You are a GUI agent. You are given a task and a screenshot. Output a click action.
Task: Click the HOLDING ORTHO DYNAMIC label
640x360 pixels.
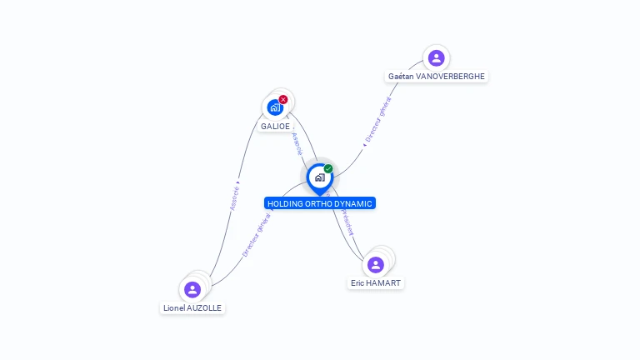(320, 203)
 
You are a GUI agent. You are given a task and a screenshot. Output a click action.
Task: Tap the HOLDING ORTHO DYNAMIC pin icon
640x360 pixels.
(319, 177)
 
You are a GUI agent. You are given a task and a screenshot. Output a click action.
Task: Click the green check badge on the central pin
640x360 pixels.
(328, 168)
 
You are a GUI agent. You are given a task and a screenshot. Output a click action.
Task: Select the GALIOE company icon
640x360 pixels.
(274, 107)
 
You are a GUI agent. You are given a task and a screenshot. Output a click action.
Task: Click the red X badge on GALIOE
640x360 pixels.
(283, 99)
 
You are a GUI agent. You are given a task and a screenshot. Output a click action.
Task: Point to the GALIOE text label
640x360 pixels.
(275, 127)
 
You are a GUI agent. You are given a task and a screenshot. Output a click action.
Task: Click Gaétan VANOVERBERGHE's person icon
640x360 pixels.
(436, 58)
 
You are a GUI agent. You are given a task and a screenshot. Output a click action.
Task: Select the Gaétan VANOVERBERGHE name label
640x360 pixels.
(437, 77)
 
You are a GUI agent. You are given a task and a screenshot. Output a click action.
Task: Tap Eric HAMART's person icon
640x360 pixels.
(376, 265)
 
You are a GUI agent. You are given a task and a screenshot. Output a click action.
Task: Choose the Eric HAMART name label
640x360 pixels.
(376, 283)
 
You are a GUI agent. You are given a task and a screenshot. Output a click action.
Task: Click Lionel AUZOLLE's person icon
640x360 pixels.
(192, 290)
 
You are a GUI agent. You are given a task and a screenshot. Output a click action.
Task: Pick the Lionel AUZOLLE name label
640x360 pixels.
(193, 308)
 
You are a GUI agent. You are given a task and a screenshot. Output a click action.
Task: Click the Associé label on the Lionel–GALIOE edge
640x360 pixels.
(235, 196)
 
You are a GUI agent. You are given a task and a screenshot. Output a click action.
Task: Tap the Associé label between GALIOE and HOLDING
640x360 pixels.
(297, 142)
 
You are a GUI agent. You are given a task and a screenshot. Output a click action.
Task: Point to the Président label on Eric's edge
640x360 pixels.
(344, 223)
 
